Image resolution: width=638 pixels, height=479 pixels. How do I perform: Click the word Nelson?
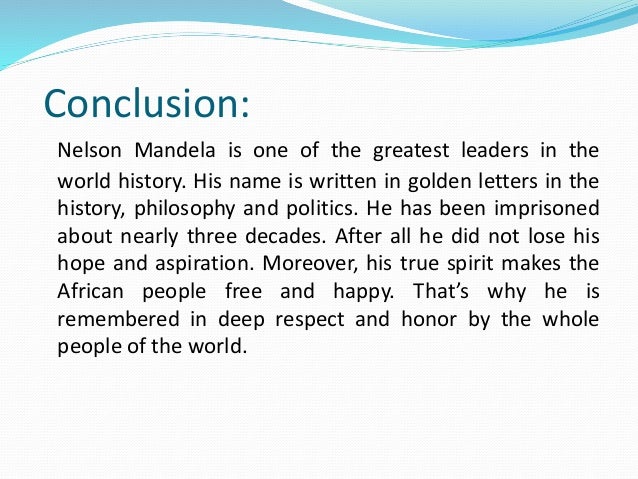tap(86, 151)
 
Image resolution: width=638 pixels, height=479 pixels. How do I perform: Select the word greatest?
tap(405, 151)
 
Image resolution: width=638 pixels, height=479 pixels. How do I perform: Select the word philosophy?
tap(171, 211)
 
